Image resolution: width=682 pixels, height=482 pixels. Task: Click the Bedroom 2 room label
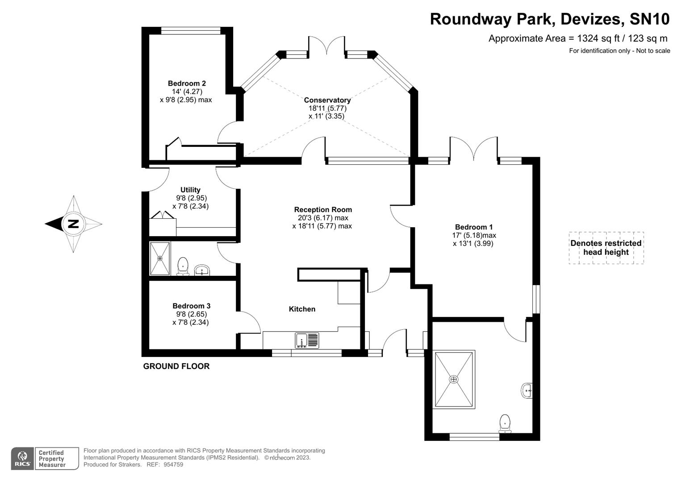pos(187,83)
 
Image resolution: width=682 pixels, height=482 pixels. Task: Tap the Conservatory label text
pos(327,100)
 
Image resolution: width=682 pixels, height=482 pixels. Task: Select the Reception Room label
pos(323,210)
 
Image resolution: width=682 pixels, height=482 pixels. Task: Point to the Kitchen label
pos(302,309)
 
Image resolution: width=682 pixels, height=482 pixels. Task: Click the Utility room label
pos(190,190)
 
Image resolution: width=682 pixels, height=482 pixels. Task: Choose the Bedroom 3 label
pos(191,306)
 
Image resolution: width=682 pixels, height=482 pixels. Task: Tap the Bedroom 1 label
pos(474,227)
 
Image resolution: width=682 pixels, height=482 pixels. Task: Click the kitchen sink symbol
pos(307,340)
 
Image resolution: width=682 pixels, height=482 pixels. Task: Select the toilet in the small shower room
pos(183,266)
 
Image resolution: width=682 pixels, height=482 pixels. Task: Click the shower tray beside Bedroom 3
pos(160,258)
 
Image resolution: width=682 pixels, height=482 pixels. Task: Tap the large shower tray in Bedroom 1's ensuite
pos(454,379)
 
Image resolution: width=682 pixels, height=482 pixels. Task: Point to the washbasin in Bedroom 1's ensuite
pos(527,391)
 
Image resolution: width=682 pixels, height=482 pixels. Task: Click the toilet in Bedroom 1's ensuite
pos(505,423)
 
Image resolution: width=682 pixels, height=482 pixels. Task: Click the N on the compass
pos(73,224)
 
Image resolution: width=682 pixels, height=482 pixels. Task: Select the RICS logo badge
pos(22,458)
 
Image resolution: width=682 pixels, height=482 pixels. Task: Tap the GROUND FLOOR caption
pos(176,366)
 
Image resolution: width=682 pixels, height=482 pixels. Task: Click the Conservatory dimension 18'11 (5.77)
pos(327,108)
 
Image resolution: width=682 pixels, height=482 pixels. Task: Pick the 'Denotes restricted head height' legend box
pos(606,248)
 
